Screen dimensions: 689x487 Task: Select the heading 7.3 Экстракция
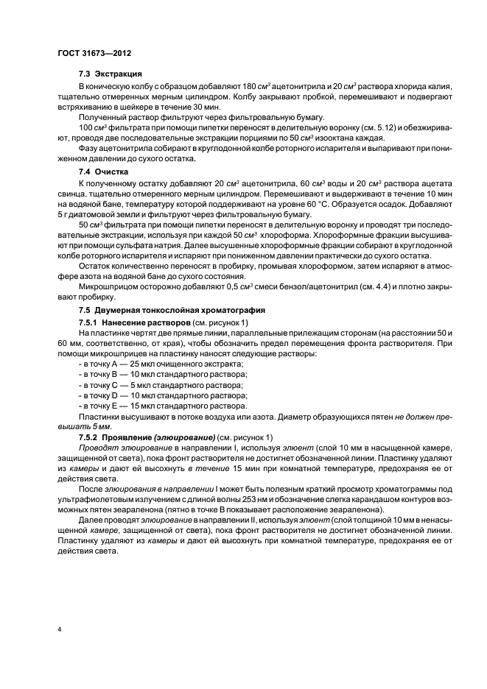[x=110, y=75]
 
